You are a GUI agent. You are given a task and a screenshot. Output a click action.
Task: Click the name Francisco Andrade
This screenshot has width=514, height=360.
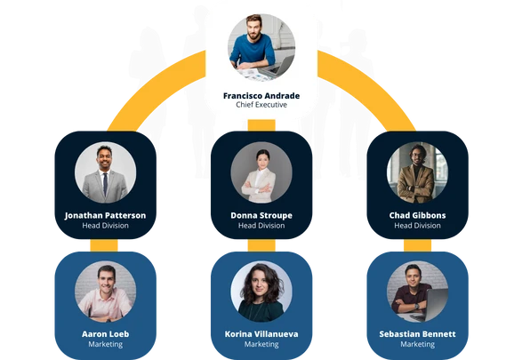[261, 96]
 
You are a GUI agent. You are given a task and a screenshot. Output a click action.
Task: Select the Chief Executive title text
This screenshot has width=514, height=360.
[261, 105]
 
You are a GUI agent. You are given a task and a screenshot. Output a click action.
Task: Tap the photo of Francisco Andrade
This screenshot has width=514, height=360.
[261, 47]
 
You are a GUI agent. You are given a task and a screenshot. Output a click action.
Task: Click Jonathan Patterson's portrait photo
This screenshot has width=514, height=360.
[105, 172]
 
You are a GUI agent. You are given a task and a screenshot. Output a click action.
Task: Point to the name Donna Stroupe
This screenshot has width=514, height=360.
[261, 215]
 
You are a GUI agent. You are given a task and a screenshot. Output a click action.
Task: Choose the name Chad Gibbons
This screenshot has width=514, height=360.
[417, 215]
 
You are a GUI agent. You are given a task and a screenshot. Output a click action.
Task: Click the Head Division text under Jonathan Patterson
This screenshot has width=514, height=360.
[105, 226]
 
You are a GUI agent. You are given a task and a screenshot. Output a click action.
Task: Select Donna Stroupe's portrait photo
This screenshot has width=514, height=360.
[261, 172]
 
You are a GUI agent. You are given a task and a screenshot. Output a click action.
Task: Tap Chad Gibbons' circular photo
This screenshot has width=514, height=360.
[417, 172]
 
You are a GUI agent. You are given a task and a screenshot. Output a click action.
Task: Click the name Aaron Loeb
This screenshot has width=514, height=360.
[105, 334]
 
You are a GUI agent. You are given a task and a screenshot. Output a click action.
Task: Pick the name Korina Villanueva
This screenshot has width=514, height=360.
[261, 334]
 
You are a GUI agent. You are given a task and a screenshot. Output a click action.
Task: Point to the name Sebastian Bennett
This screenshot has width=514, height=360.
[417, 334]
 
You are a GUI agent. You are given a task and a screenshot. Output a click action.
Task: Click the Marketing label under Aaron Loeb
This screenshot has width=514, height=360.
[105, 344]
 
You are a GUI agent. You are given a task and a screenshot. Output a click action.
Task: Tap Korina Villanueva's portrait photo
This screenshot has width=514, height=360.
[261, 292]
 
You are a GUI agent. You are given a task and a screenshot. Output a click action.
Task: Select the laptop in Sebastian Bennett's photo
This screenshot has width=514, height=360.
[433, 305]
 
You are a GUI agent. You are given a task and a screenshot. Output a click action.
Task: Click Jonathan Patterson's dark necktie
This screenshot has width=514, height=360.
[105, 184]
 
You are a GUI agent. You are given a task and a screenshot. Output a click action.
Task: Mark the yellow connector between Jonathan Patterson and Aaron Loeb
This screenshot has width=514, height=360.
[104, 245]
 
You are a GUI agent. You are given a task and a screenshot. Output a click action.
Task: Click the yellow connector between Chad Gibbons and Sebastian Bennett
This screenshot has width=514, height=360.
[417, 245]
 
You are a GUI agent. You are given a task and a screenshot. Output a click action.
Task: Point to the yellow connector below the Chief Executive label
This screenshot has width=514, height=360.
[261, 125]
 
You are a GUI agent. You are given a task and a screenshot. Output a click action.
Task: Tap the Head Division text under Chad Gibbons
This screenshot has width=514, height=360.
[417, 226]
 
